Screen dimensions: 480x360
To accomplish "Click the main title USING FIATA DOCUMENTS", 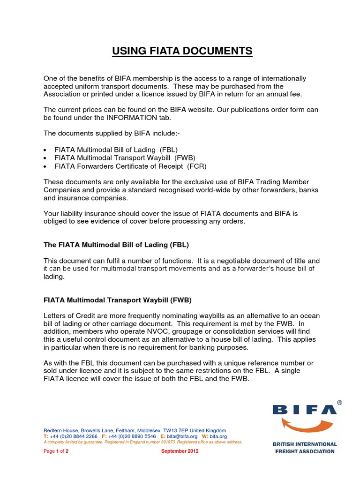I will (x=182, y=51).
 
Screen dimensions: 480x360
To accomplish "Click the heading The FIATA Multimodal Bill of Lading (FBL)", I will (x=116, y=245).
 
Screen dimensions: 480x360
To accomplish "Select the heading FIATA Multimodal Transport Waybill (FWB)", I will (x=118, y=300).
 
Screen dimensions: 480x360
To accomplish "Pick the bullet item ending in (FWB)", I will (x=125, y=158).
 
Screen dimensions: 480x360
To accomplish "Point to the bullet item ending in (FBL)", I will (x=116, y=150).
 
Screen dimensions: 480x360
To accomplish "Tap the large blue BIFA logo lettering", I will (x=304, y=409).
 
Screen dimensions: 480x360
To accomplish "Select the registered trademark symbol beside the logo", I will (x=339, y=402).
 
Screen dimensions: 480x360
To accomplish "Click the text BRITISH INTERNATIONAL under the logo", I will (x=305, y=444).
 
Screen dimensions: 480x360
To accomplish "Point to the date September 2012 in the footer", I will (x=180, y=451).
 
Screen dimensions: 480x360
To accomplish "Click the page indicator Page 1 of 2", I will (x=56, y=451).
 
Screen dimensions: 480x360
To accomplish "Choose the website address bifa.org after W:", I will (x=218, y=436).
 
